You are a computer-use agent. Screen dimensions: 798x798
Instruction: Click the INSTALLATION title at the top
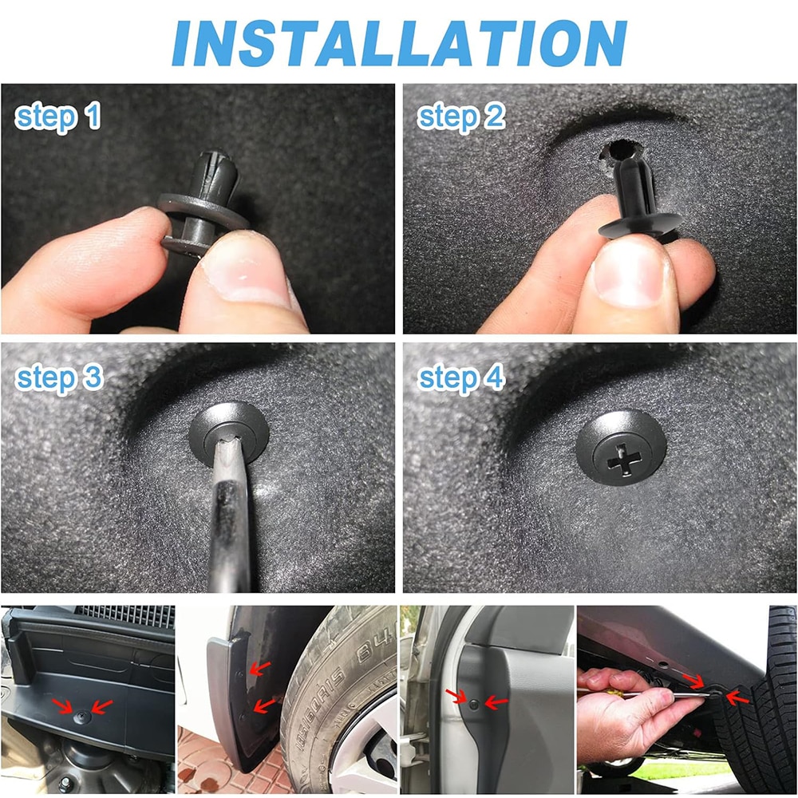pos(399,43)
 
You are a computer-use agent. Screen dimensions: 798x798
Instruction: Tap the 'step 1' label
pos(57,117)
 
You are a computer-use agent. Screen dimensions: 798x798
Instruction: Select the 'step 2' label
pos(461,117)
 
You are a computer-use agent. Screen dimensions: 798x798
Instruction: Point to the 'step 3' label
pos(59,379)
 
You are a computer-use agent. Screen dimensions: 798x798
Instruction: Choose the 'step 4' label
pos(461,379)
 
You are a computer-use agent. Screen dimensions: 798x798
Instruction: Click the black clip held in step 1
pos(203,203)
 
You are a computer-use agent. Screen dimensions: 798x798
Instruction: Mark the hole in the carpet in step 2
pos(619,151)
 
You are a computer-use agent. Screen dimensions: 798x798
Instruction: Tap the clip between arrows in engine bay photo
pos(82,717)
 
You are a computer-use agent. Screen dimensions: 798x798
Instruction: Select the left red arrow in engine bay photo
pos(62,706)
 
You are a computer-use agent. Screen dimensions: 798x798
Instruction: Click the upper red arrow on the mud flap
pos(259,669)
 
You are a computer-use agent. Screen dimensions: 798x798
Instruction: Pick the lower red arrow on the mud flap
pos(263,706)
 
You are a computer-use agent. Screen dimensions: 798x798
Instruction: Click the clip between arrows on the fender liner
pos(474,705)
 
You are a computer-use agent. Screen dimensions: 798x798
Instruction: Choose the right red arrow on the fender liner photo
pos(496,703)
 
